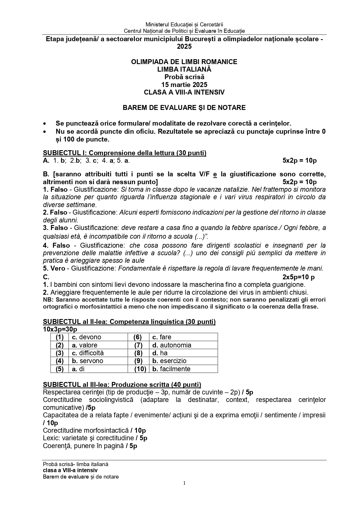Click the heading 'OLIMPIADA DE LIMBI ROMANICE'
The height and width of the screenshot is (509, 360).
(184, 62)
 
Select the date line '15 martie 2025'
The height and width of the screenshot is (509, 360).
(184, 85)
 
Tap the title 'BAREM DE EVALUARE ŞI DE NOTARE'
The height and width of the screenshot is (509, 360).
(184, 108)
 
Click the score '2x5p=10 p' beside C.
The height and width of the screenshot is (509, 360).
(299, 277)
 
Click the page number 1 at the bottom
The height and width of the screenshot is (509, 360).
(184, 483)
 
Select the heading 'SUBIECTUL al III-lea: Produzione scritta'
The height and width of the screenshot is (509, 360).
(122, 385)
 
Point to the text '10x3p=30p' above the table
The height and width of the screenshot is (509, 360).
(60, 329)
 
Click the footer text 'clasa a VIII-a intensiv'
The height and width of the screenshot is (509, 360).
(70, 470)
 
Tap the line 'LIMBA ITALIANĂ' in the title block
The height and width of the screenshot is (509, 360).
(184, 69)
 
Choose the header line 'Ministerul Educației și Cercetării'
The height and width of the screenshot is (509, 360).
(184, 25)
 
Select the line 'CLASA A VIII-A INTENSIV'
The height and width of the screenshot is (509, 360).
(184, 92)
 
